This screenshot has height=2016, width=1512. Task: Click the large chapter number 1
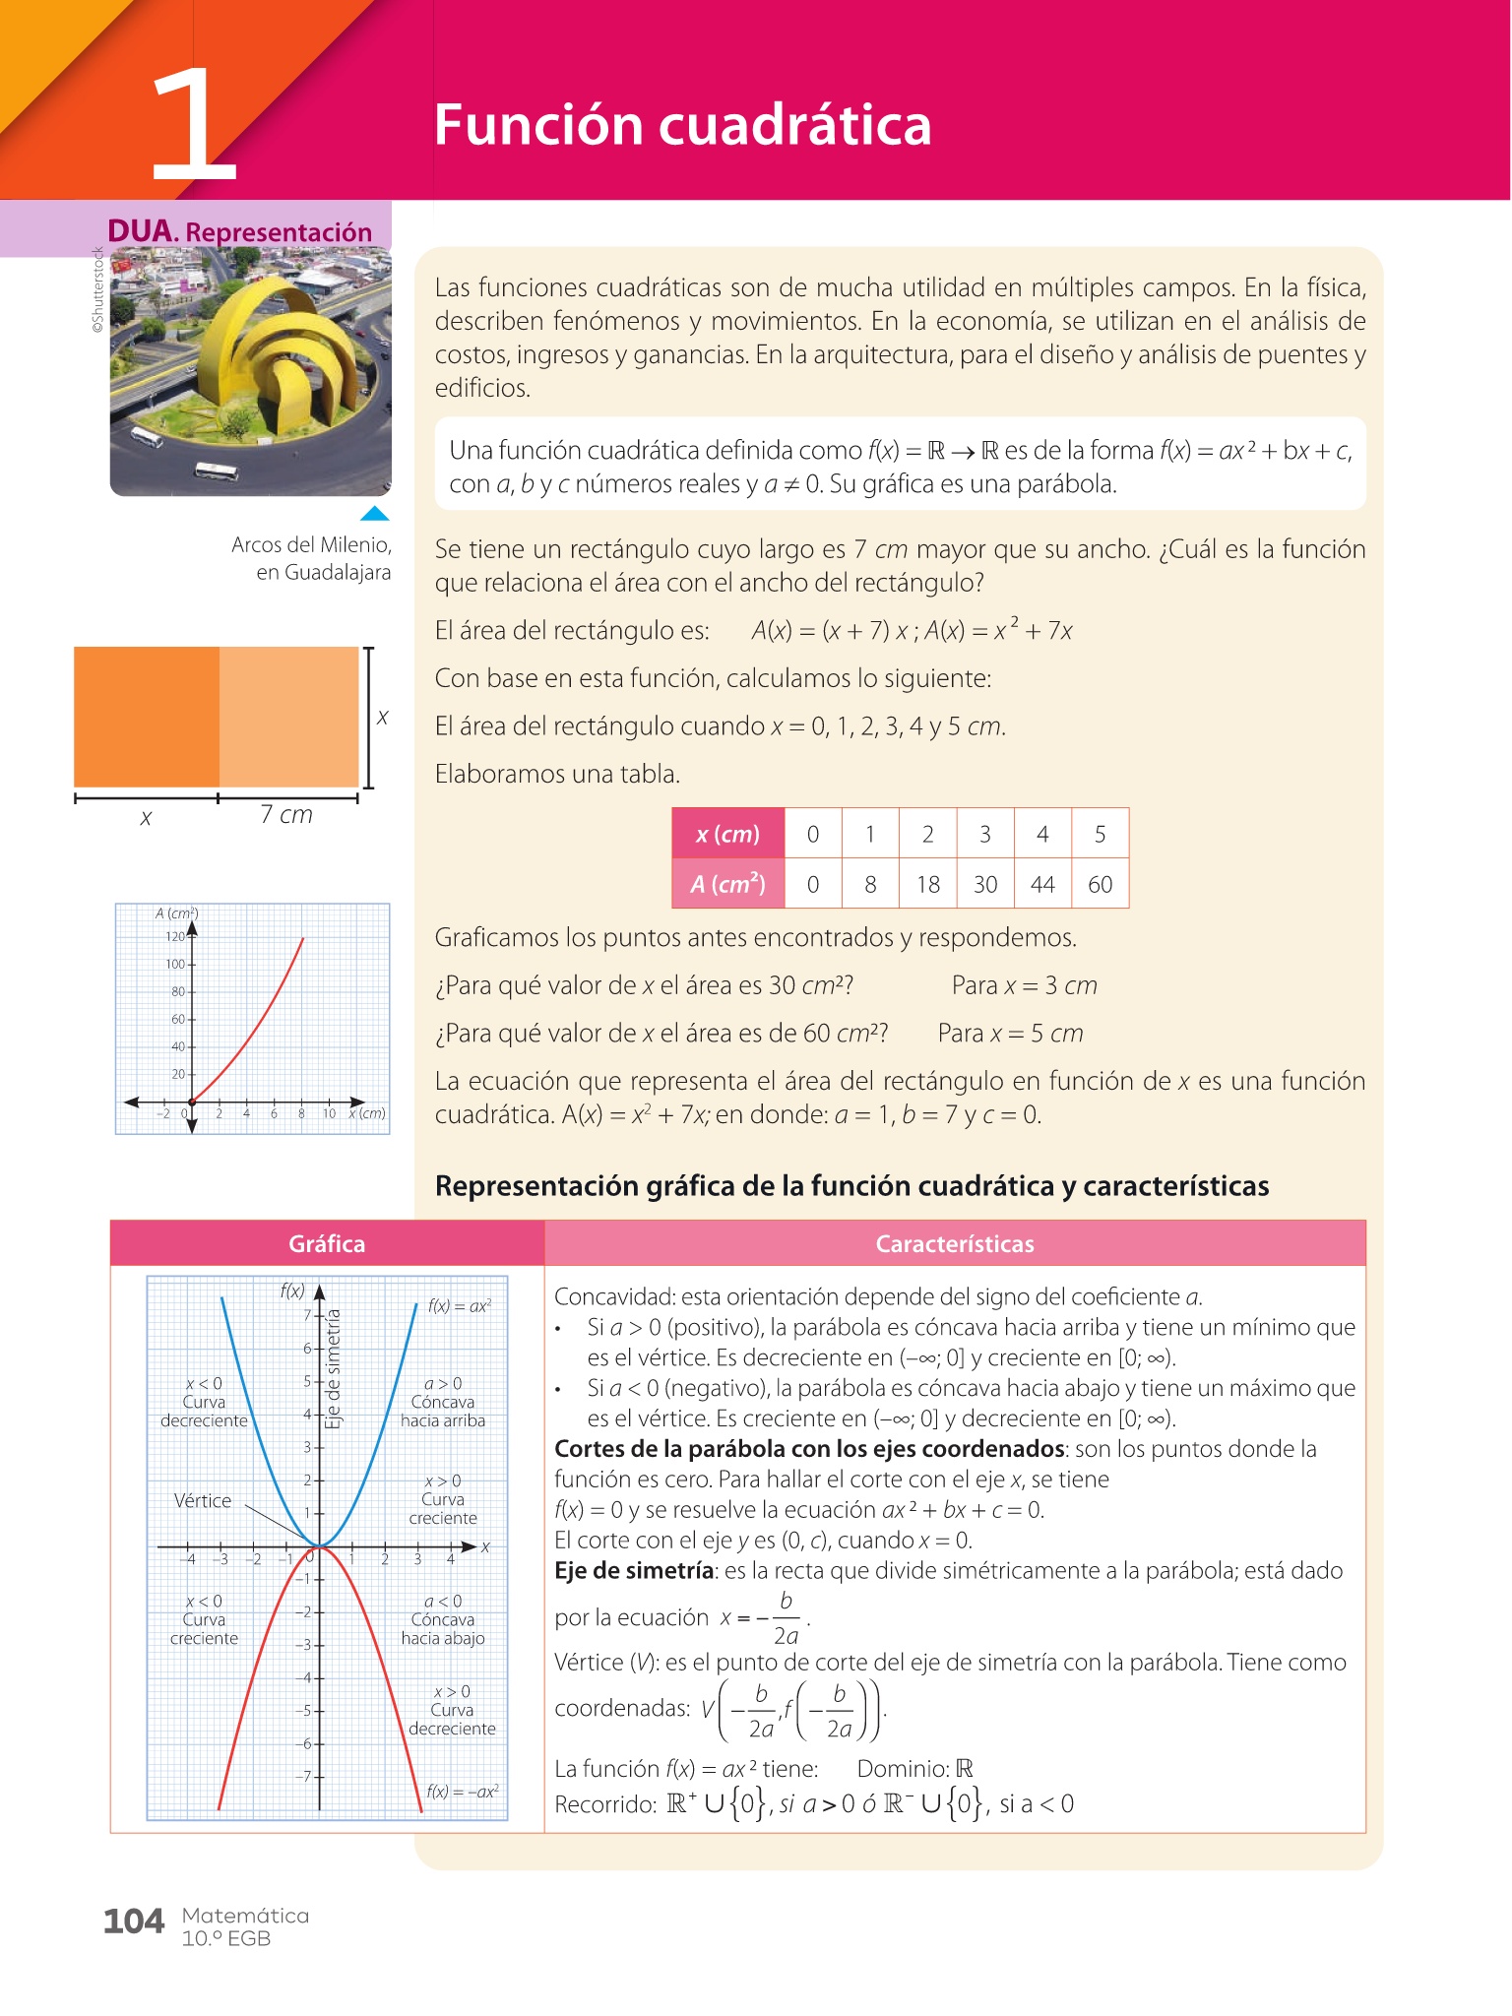195,126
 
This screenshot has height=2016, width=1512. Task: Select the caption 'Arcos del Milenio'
311,544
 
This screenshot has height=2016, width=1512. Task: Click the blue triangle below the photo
374,513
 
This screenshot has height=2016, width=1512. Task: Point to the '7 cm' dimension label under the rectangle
286,815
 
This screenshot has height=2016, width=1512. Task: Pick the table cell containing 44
1042,884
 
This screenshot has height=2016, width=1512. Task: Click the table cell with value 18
927,884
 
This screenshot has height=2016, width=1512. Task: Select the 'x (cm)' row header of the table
727,835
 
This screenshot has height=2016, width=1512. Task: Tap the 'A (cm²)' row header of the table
727,884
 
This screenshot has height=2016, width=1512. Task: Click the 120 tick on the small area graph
175,937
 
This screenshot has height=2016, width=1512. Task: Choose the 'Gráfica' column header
327,1243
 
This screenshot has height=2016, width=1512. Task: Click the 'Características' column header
954,1243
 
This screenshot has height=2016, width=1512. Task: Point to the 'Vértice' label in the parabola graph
203,1500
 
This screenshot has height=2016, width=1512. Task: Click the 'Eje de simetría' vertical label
334,1368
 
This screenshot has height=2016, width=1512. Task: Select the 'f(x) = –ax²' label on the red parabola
462,1792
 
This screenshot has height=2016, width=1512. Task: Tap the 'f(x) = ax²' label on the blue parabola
459,1306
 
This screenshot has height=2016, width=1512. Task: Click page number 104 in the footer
134,1921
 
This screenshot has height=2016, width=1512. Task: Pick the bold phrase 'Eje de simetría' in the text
635,1570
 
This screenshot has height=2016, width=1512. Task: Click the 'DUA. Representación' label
239,231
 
